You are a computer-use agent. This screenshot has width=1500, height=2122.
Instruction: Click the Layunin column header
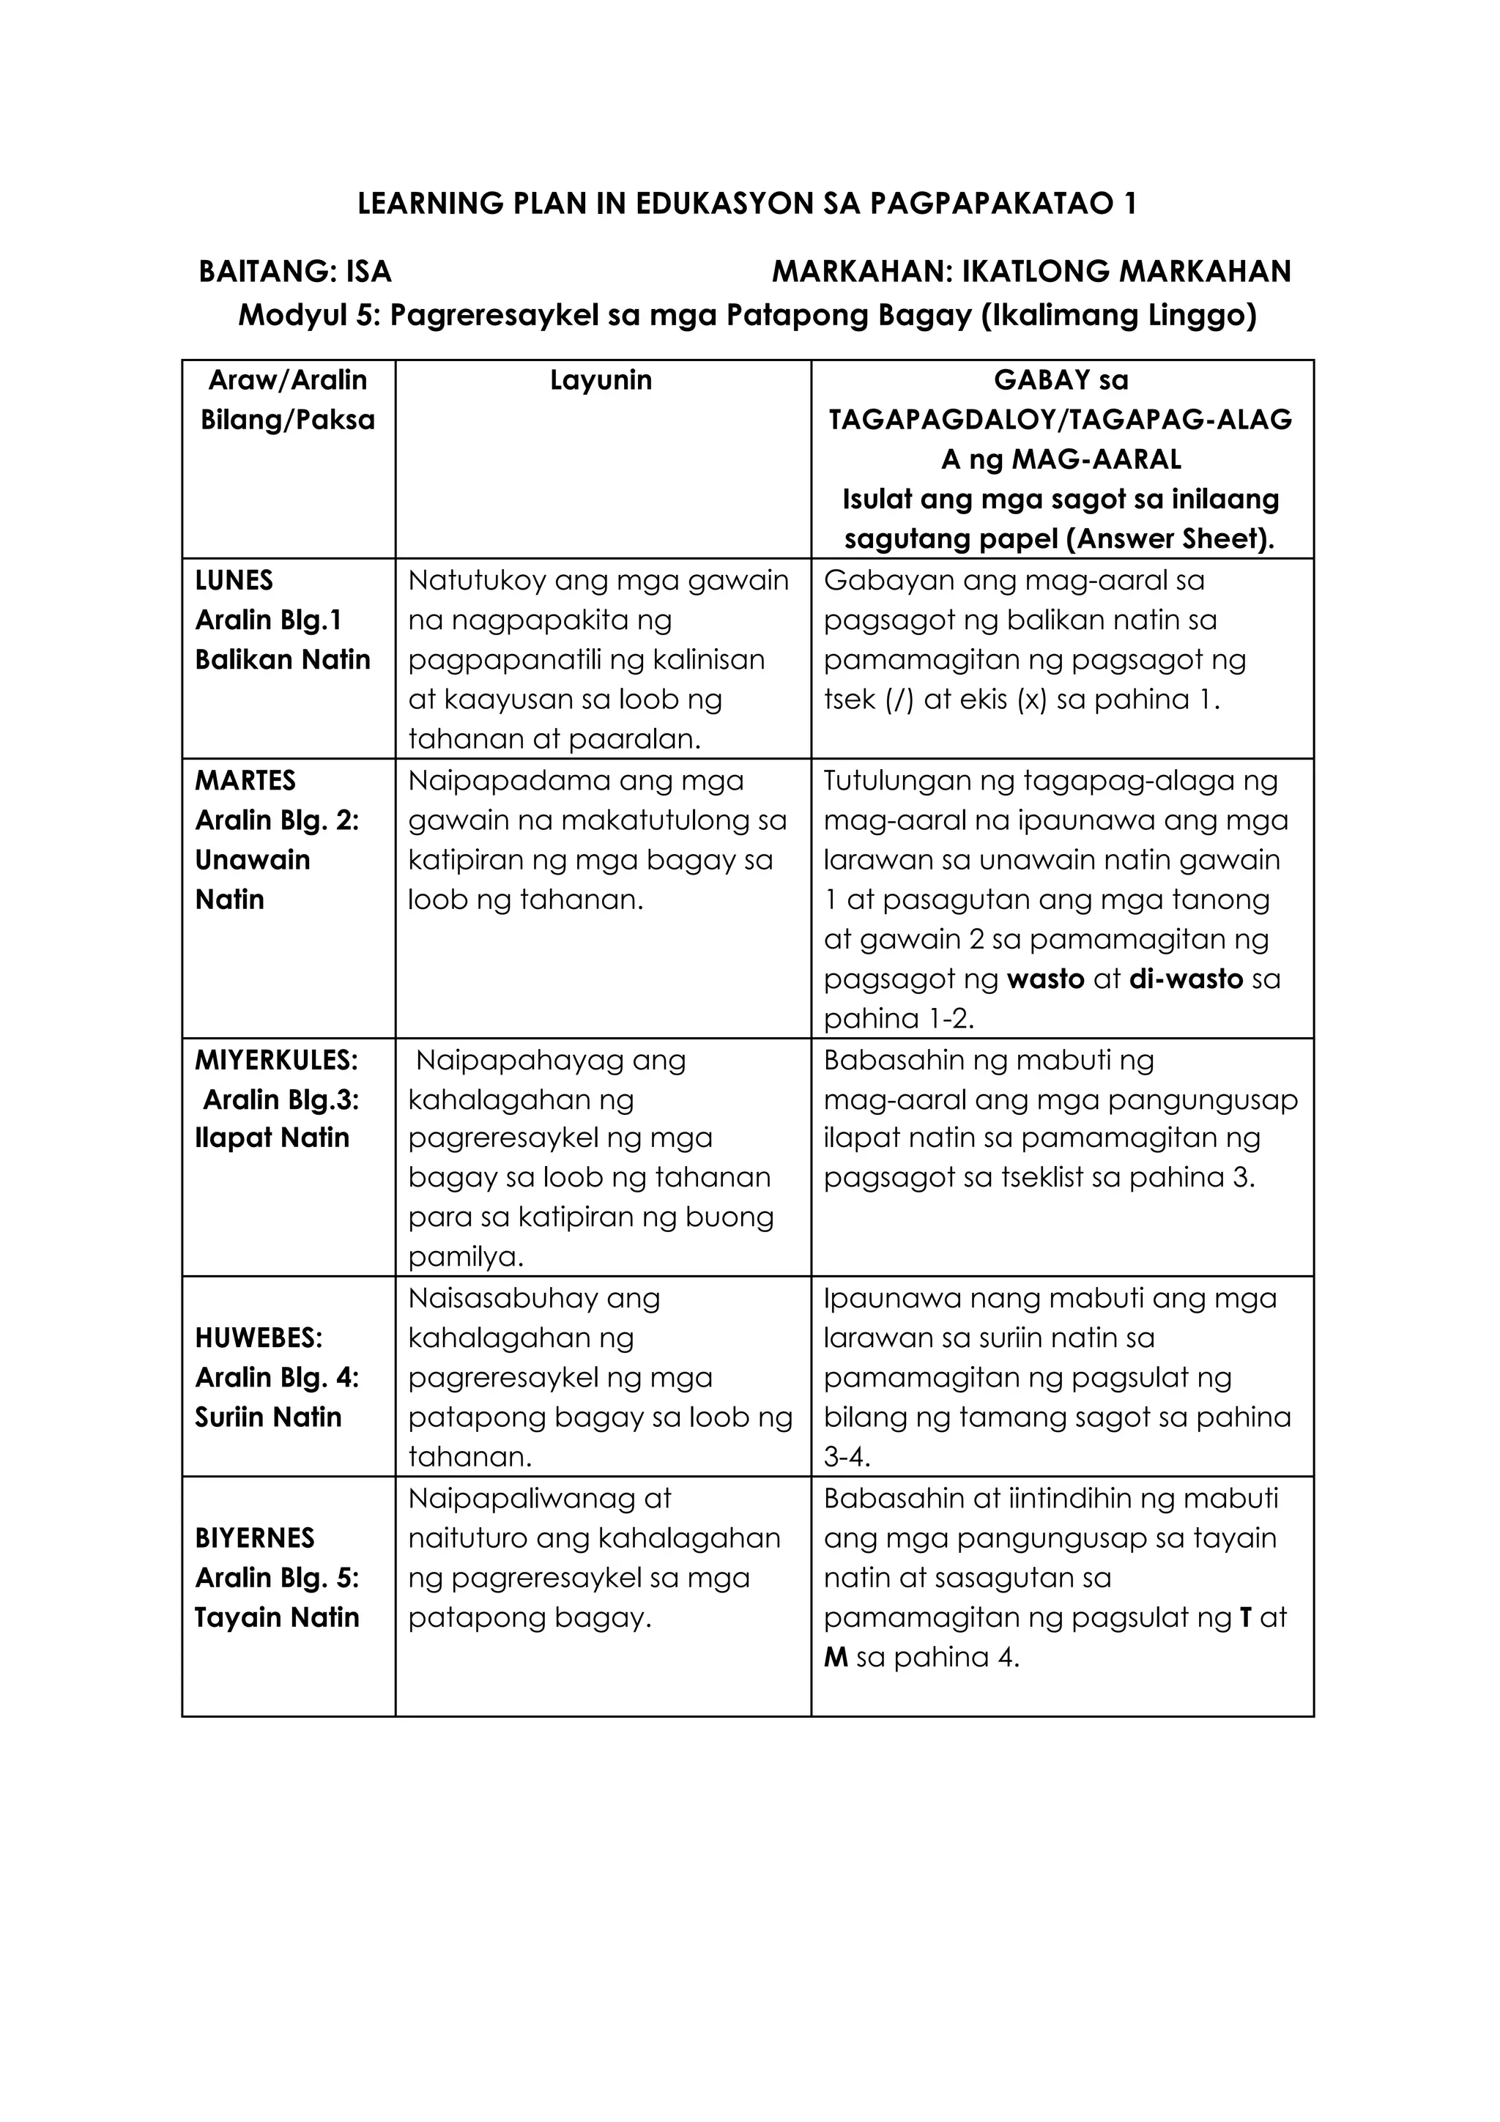(601, 380)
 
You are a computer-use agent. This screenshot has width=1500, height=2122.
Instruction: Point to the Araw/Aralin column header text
(287, 380)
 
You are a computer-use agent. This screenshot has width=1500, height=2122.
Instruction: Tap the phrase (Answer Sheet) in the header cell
(1169, 539)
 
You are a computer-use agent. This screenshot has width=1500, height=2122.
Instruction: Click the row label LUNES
(234, 580)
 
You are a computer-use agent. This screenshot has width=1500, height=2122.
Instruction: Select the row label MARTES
(245, 780)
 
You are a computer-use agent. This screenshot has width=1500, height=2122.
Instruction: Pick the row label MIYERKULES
(275, 1059)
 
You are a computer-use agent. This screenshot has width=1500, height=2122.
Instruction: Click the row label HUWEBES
(259, 1338)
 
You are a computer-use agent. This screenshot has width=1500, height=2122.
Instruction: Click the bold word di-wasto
(1186, 979)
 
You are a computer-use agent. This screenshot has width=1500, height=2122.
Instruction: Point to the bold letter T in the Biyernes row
(1245, 1617)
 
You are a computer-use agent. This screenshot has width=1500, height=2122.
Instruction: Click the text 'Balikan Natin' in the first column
(282, 660)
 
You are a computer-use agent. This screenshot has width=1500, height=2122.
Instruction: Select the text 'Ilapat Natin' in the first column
(272, 1138)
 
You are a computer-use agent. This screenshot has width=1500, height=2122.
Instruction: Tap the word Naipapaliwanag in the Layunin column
(539, 1498)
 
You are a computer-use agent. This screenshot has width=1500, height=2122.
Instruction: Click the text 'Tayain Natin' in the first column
(276, 1617)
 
